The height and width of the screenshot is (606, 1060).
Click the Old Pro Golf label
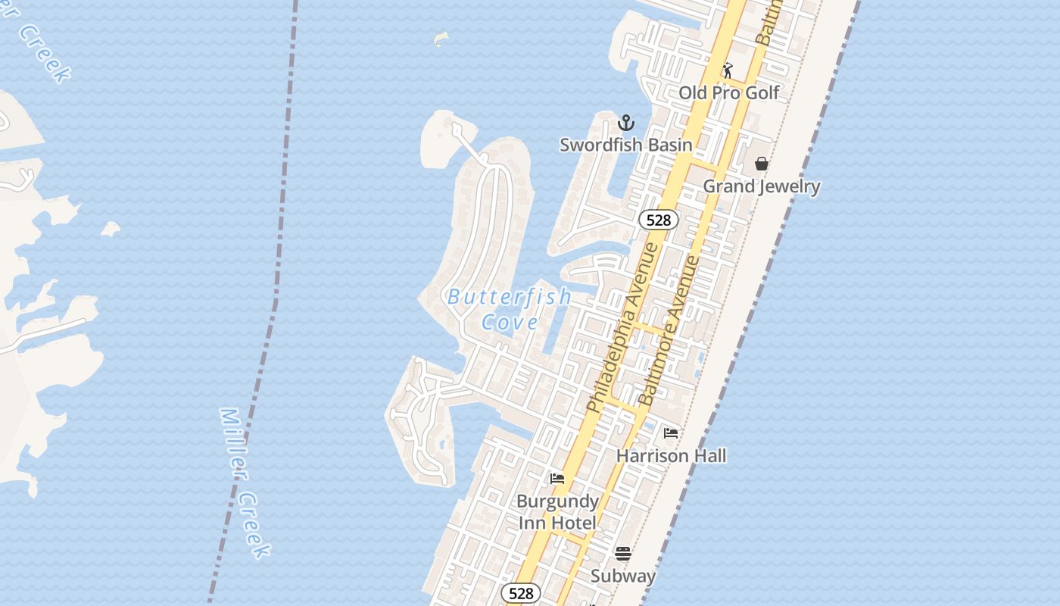coord(729,92)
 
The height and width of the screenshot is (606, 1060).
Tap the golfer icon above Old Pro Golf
coord(728,70)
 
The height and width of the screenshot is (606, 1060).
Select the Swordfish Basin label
coord(626,145)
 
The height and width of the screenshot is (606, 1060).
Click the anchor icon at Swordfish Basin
coord(626,123)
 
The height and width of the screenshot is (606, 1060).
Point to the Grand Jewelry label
coord(762,186)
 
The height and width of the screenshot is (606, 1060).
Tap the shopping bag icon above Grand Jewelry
coord(762,164)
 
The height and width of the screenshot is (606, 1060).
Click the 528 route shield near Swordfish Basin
coord(659,220)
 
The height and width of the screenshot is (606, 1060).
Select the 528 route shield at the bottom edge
coord(521,593)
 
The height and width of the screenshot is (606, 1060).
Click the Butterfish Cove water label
coord(510,309)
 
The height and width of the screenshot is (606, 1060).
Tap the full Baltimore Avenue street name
coord(669,330)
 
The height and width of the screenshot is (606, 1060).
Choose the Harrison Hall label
coord(671,456)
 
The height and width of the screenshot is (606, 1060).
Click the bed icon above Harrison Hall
coord(671,433)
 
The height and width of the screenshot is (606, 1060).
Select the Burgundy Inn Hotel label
coord(558,512)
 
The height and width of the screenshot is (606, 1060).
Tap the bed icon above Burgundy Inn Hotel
coord(557,479)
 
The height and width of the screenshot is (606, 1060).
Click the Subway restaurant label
coord(623,576)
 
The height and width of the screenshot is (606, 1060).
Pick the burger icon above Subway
coord(623,554)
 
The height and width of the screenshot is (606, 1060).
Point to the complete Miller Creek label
coord(244,483)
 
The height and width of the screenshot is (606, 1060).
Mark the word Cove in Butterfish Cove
coord(510,322)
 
